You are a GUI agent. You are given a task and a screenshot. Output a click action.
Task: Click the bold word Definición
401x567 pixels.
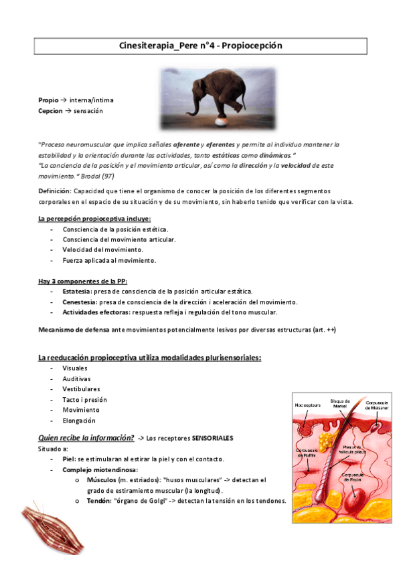pyautogui.click(x=56, y=191)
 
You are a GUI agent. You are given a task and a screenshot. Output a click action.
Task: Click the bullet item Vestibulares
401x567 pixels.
pyautogui.click(x=82, y=388)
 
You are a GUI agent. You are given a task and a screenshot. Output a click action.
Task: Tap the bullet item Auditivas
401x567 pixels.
pyautogui.click(x=77, y=378)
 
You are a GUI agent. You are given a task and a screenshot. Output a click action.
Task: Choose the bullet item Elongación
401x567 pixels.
pyautogui.click(x=79, y=421)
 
